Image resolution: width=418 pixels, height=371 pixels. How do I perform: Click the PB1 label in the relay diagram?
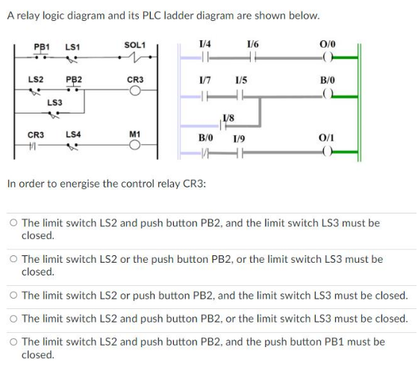42,47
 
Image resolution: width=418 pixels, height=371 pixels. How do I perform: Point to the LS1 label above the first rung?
73,47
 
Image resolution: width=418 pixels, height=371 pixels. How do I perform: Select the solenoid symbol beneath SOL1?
135,57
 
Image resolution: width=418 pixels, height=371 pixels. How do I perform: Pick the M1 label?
135,134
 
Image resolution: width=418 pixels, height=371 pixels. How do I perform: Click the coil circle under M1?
135,146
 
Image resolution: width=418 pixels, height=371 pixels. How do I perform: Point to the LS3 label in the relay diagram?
54,102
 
